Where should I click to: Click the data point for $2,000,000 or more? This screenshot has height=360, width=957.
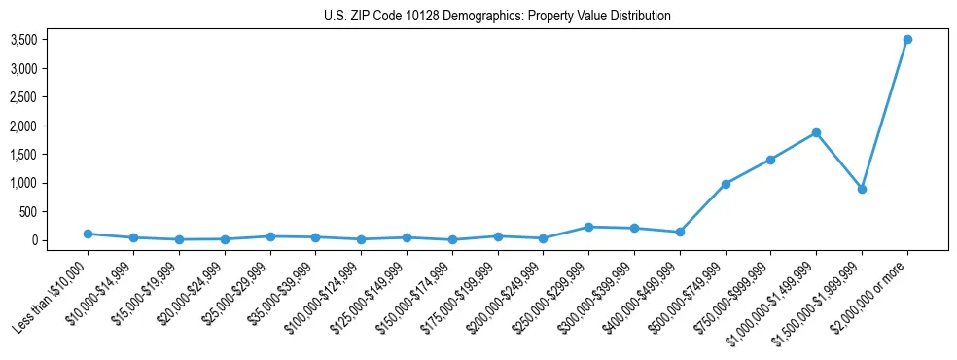[906, 40]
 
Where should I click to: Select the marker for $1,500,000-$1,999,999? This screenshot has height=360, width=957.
[862, 189]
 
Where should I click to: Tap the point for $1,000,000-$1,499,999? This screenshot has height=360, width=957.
[816, 132]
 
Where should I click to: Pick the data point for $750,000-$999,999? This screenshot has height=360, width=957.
[770, 160]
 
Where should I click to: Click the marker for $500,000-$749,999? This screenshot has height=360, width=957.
[725, 184]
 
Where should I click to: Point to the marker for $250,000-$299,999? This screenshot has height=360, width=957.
[588, 227]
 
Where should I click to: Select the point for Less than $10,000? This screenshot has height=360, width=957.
[88, 234]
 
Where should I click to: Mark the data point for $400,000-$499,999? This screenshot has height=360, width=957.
[680, 232]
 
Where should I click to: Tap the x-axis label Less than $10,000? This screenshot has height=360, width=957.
[51, 296]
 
